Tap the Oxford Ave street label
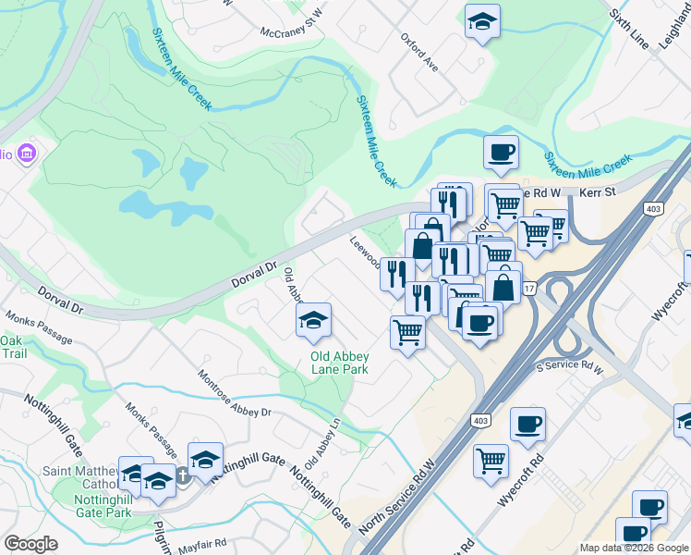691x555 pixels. point(419,54)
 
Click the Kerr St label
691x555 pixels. point(598,191)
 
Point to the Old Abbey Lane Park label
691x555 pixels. point(340,363)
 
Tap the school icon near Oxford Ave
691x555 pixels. point(481,23)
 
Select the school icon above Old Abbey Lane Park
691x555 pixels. point(313,320)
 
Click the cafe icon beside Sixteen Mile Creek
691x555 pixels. point(501,154)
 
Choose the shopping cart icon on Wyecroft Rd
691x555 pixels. point(491,460)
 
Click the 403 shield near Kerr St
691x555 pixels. point(653,208)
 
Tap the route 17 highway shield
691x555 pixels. point(528,290)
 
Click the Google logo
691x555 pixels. point(30,544)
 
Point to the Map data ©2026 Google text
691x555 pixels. point(634,548)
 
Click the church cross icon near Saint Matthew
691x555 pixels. point(183,477)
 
